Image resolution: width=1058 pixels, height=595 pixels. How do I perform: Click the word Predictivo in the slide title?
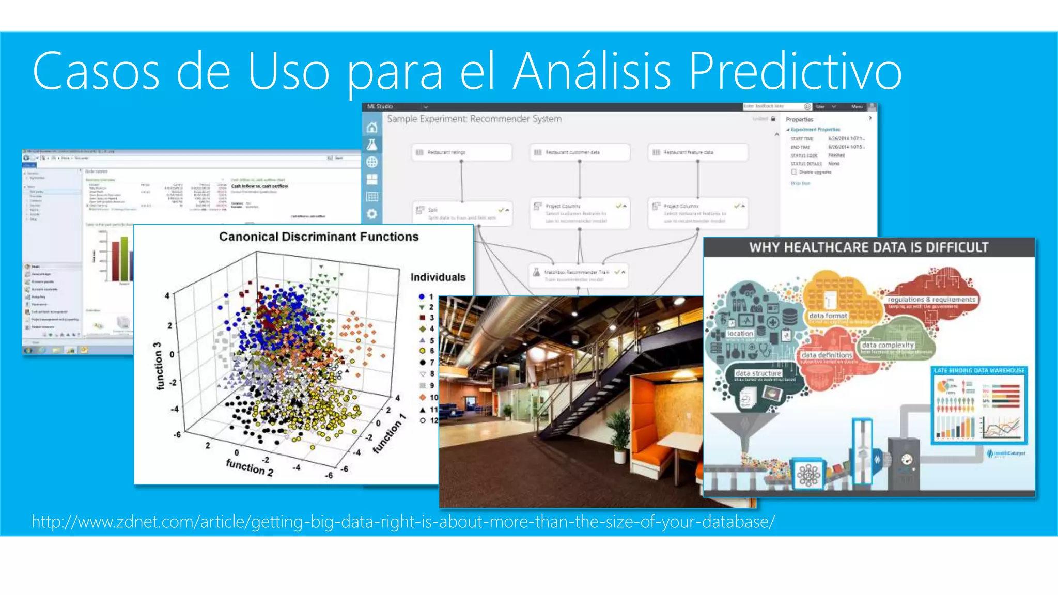[x=796, y=71]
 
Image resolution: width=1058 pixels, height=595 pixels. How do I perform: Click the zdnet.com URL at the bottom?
[x=403, y=522]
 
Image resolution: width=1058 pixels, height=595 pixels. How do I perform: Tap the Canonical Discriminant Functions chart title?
[x=319, y=237]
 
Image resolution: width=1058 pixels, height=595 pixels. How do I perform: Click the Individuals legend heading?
[x=438, y=277]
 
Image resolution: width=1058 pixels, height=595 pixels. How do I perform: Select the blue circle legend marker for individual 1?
[x=422, y=296]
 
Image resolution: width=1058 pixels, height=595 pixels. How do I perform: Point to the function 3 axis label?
[x=158, y=366]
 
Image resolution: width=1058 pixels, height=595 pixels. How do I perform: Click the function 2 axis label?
[x=250, y=467]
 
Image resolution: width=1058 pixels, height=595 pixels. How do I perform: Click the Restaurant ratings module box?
[x=461, y=152]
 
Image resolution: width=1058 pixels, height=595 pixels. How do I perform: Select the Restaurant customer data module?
[x=579, y=152]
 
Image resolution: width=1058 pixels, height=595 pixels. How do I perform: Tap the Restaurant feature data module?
[x=697, y=152]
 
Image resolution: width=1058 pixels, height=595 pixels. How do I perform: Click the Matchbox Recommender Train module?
[x=578, y=275]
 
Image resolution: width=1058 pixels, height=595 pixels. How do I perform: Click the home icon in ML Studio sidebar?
[x=372, y=128]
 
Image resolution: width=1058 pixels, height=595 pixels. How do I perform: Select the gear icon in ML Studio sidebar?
[x=372, y=213]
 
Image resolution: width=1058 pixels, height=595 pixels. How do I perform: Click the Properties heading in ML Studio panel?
[x=800, y=119]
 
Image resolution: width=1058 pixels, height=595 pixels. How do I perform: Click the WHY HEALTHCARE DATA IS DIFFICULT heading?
[x=869, y=247]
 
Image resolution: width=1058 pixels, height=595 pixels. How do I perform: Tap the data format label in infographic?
[x=828, y=316]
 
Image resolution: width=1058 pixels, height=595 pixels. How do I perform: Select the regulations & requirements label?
[x=931, y=300]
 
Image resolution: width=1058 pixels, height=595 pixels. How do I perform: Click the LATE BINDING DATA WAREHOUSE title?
[x=979, y=370]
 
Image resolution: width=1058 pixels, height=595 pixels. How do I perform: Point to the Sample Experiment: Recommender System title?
[x=474, y=119]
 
